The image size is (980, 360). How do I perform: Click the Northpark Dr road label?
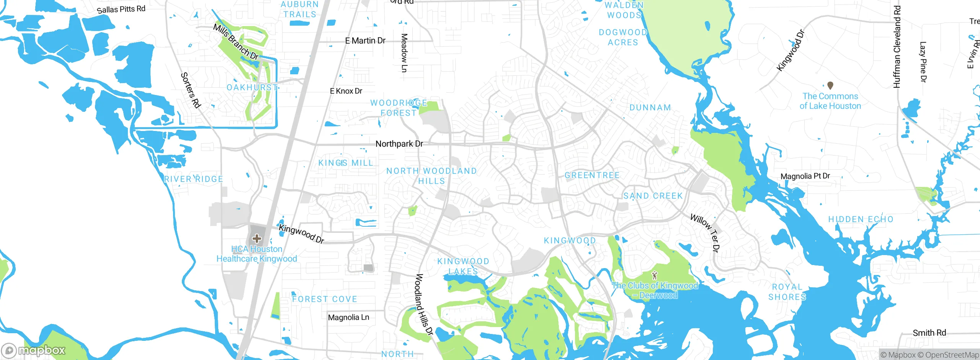point(399,144)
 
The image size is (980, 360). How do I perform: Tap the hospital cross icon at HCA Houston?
point(257,239)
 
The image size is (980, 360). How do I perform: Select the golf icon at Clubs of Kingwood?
point(655,275)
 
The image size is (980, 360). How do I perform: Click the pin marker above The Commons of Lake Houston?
point(830,85)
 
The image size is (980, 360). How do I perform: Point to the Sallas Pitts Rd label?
point(121,9)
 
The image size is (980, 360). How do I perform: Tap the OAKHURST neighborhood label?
point(252,88)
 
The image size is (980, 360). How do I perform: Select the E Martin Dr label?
point(365,41)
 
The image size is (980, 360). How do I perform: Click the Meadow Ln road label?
point(404,53)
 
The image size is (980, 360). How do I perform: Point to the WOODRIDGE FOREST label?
point(399,108)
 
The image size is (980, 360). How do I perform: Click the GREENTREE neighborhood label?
point(592,175)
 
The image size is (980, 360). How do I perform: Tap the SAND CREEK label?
point(653,196)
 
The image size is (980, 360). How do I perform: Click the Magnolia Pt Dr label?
point(805,176)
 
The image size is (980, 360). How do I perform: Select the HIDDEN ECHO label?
point(861,219)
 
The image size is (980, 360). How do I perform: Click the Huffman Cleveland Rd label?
point(897,47)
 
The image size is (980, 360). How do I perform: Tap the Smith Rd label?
point(929,333)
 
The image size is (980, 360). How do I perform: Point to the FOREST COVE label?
point(325,299)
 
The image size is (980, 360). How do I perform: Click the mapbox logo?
point(34,350)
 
